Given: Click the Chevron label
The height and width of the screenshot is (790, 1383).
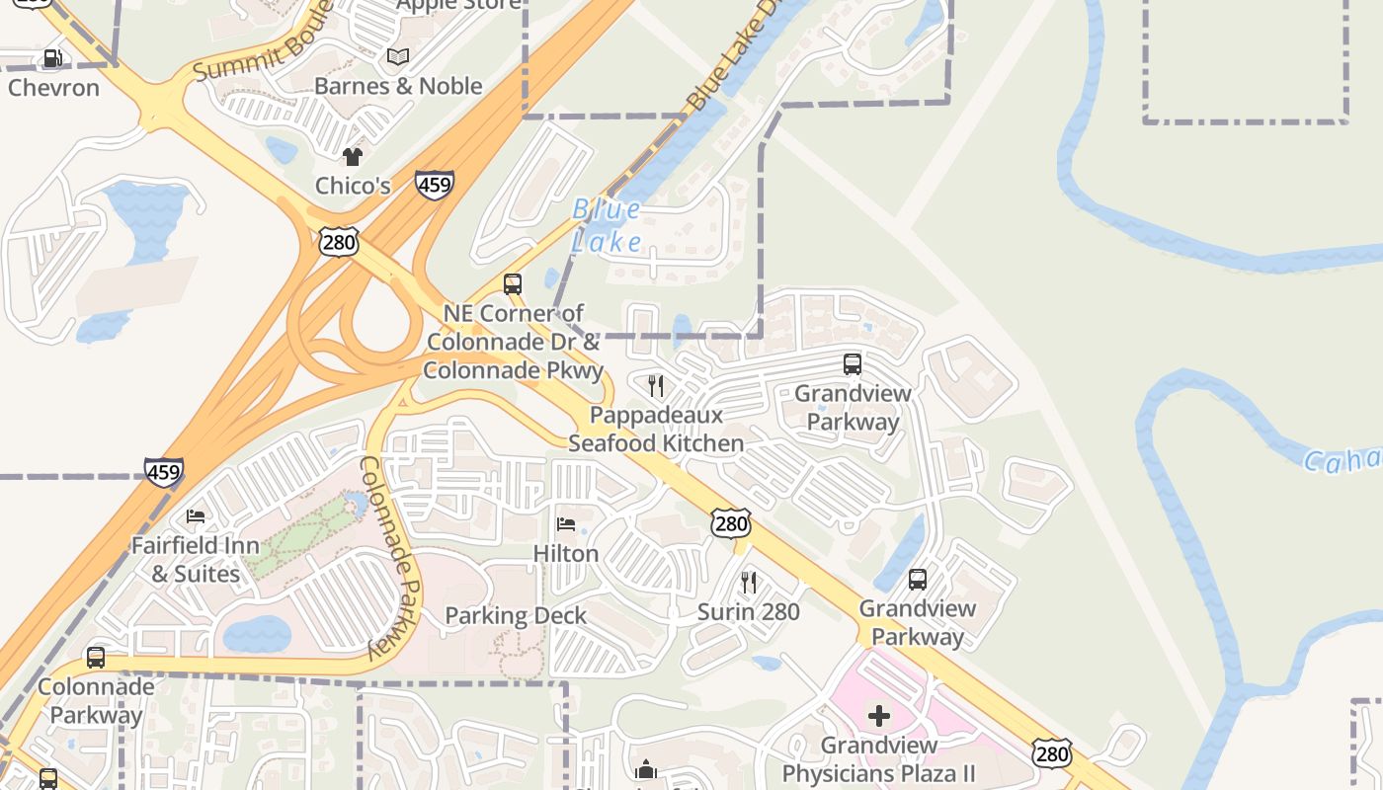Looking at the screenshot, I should (54, 87).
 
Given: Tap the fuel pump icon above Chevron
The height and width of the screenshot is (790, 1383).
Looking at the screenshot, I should (52, 59).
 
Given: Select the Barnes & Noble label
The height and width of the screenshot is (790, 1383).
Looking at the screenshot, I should (398, 86).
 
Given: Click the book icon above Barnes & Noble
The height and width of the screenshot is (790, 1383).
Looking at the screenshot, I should (398, 57).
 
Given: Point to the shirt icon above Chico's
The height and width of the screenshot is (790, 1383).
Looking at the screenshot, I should (353, 157).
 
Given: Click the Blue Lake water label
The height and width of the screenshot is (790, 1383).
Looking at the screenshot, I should (607, 225).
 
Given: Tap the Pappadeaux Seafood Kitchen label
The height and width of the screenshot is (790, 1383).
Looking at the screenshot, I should (656, 429).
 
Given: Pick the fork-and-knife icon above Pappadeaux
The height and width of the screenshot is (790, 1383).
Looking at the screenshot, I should (656, 385).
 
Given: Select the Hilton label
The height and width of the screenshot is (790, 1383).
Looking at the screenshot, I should (566, 553).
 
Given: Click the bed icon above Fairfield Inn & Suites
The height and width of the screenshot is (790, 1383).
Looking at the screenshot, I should (196, 516).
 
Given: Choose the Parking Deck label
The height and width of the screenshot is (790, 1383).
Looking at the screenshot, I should (516, 615).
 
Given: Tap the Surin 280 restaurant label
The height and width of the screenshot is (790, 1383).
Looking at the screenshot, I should (749, 611).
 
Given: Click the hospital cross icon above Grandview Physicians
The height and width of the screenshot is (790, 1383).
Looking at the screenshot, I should (878, 716).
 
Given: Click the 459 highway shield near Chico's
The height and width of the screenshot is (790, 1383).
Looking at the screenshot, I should (435, 185).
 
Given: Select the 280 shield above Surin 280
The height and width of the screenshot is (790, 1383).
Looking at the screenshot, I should (731, 523).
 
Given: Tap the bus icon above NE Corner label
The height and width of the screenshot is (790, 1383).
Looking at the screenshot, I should (513, 284).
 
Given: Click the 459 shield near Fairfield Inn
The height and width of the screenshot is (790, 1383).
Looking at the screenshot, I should (163, 472).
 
